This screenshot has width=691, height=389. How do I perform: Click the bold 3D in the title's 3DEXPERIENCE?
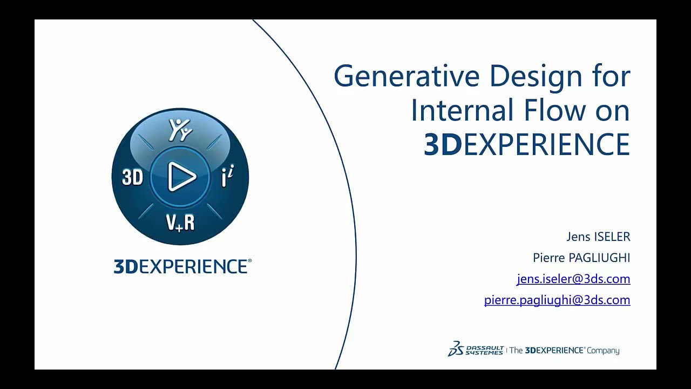443,144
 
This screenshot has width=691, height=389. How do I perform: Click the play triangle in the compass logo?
181,177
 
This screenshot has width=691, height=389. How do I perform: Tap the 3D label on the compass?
132,177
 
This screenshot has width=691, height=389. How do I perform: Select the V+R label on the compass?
180,222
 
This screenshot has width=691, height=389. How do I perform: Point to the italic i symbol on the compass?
228,177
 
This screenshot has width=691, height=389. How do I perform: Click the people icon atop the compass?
180,130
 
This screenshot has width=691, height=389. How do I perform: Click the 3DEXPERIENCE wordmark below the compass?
182,267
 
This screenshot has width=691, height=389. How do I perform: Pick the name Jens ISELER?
598,237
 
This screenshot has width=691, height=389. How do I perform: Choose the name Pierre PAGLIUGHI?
581,258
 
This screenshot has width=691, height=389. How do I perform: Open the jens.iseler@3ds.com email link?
573,279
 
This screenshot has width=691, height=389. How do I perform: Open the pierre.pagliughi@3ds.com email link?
557,300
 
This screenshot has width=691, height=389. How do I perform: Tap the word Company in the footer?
603,351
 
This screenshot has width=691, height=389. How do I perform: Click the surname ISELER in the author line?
612,237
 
